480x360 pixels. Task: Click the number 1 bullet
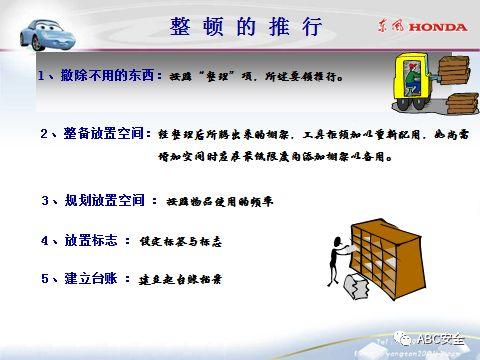(42, 75)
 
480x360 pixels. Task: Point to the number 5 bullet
(45, 279)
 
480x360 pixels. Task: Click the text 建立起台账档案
(180, 280)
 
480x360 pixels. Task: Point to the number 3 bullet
(45, 200)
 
